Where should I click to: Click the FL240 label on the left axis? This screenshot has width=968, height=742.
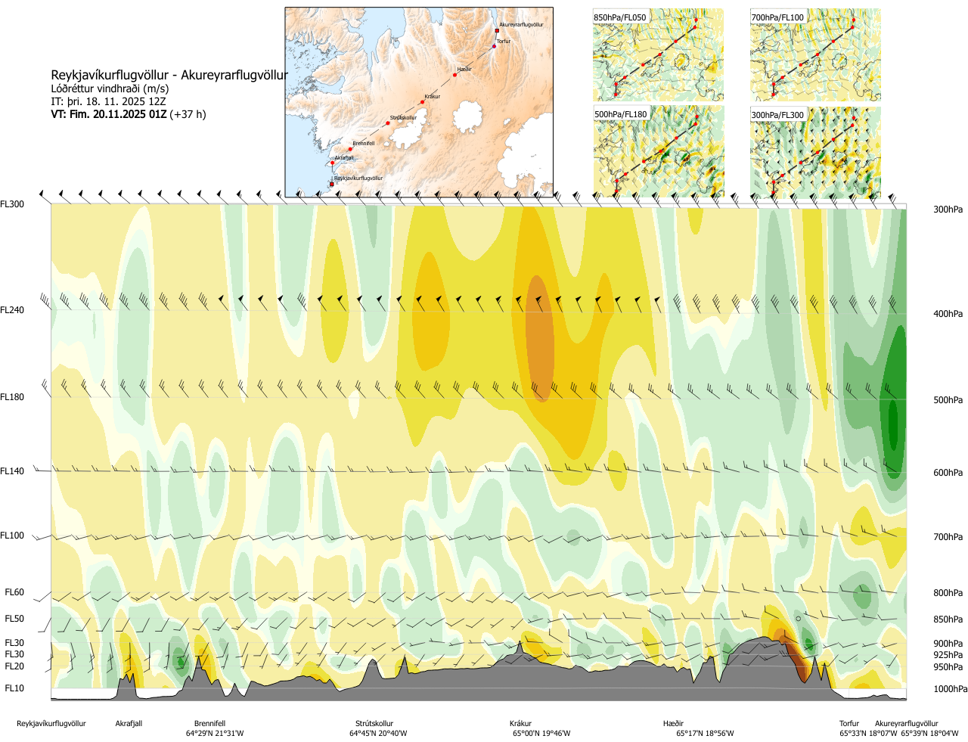[x=12, y=310]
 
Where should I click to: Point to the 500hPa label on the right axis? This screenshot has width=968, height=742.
[x=948, y=400]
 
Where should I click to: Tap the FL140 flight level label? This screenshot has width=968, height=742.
[x=12, y=471]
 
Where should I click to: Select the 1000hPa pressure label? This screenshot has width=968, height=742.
[x=950, y=689]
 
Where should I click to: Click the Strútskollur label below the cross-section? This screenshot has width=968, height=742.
[x=374, y=724]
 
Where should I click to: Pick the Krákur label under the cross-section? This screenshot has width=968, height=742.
[x=520, y=724]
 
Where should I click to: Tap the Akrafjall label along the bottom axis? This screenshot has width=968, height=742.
[x=129, y=724]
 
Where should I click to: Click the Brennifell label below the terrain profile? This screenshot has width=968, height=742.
[x=209, y=724]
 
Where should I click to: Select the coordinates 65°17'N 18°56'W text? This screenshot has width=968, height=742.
[x=705, y=734]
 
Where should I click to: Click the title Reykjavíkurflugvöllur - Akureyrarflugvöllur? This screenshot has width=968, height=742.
[x=169, y=75]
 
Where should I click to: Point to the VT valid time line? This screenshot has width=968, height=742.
[x=128, y=114]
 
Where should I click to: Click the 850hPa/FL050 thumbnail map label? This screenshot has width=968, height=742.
[x=620, y=17]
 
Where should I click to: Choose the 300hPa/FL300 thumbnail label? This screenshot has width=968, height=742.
[x=777, y=115]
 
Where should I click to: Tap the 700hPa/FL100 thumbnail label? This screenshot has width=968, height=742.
[x=777, y=17]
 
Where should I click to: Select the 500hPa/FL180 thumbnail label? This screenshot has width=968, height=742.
[x=621, y=115]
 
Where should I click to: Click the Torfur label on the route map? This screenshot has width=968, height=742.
[x=504, y=42]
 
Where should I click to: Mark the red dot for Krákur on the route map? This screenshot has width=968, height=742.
[x=422, y=102]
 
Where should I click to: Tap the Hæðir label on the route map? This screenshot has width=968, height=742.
[x=464, y=70]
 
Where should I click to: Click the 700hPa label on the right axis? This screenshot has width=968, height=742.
[x=948, y=537]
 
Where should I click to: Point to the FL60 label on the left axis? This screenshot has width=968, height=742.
[x=14, y=593]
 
